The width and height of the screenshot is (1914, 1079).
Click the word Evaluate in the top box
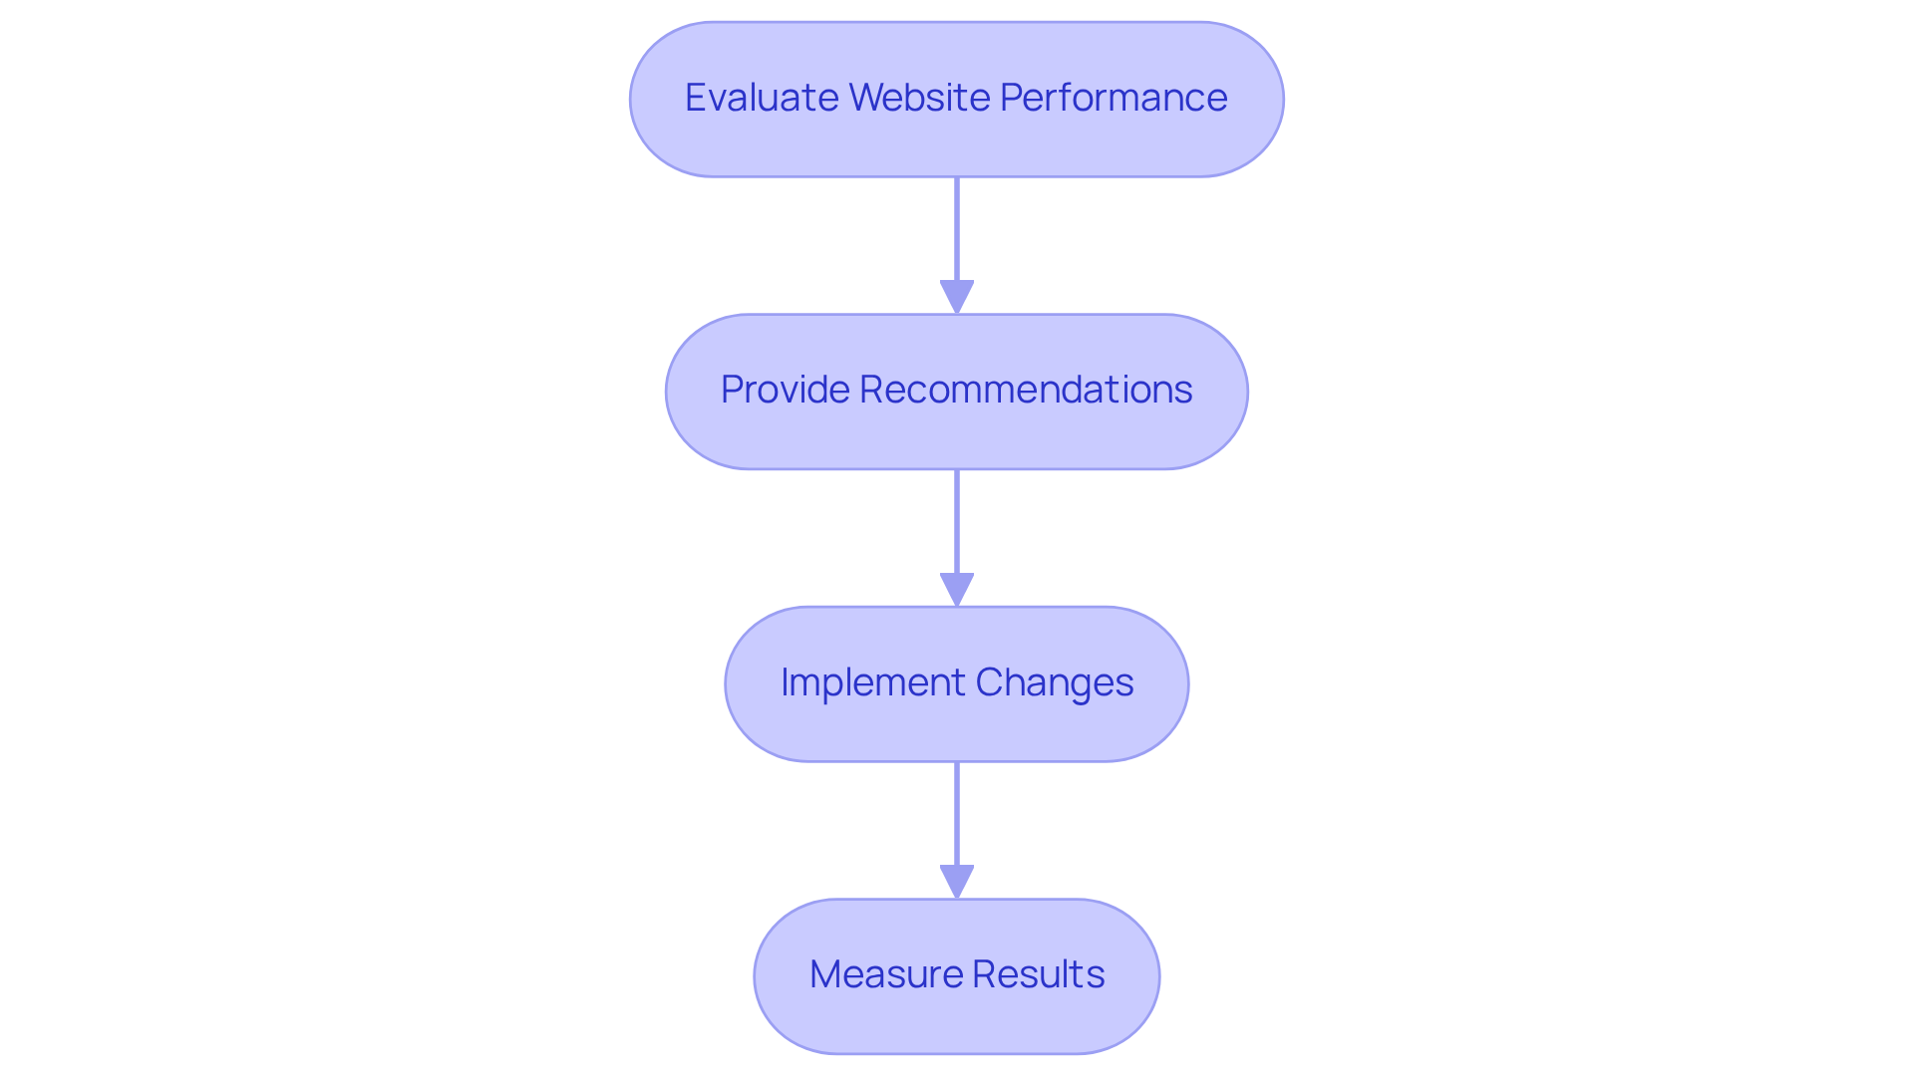coord(761,98)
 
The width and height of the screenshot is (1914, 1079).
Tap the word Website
coord(921,98)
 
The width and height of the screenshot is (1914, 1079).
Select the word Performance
coord(1113,98)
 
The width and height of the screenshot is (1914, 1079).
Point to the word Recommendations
coord(1025,390)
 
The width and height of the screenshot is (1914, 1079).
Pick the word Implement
coord(872,682)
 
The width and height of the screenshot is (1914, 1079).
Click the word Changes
coord(1054,682)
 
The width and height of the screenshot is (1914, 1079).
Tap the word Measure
coord(885,974)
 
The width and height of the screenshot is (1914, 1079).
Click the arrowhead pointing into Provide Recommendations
coord(957,297)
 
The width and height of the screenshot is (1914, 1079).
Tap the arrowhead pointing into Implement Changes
coord(957,589)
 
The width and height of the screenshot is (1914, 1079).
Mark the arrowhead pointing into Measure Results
coord(957,881)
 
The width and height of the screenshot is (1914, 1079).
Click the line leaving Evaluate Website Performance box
coord(957,229)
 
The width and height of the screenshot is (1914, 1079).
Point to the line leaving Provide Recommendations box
coord(957,521)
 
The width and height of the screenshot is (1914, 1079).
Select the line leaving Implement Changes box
coord(957,813)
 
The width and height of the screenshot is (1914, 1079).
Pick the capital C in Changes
coord(990,682)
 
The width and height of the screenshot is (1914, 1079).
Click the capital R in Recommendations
coord(871,390)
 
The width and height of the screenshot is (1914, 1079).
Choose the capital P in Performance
coord(1011,98)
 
